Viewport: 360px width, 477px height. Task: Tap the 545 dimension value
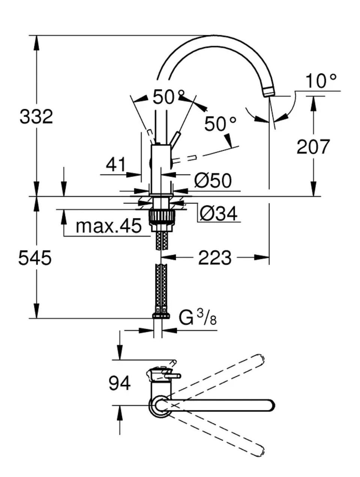point(35,257)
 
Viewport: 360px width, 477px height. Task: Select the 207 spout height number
point(313,147)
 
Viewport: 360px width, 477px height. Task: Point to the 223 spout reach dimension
point(214,257)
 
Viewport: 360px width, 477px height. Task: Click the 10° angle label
point(321,81)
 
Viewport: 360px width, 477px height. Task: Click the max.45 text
point(109,226)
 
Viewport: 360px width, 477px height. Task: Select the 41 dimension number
point(116,164)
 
